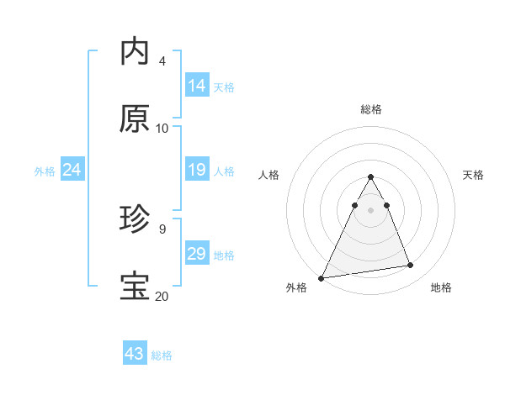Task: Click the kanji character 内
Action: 135,52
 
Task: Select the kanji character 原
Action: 135,119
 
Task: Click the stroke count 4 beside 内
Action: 162,61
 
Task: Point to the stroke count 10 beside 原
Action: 162,129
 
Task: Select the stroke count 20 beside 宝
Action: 162,297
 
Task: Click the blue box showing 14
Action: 197,86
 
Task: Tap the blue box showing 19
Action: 197,171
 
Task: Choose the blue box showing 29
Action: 197,255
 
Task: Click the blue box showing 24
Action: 72,171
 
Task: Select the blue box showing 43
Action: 135,354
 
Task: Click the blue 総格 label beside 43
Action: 162,355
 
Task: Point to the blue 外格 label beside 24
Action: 45,171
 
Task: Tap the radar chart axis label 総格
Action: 371,109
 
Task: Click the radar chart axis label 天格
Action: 474,175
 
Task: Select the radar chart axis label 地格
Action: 441,288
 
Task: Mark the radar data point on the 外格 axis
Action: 322,277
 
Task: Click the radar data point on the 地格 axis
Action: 411,266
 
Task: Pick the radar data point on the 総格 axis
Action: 370,177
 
